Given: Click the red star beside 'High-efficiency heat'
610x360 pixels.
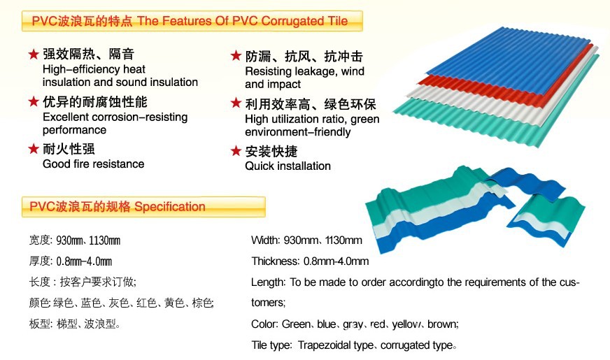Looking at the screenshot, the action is (x=34, y=54).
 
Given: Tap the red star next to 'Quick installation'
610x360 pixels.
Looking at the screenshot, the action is (x=236, y=151).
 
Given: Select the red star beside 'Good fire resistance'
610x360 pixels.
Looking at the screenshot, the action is (x=34, y=148).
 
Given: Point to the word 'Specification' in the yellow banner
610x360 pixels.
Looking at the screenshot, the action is (x=169, y=206).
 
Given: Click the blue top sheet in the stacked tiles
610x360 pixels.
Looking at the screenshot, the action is (x=510, y=58).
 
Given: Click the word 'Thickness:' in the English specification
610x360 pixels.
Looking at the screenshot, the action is (x=276, y=261).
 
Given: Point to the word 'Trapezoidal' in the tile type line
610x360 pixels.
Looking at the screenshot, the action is (x=324, y=345).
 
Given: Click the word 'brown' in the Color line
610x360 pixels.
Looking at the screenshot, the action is (x=443, y=324).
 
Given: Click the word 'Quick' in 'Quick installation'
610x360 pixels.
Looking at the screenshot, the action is (x=260, y=166).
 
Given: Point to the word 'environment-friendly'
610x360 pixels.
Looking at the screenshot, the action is (x=297, y=132).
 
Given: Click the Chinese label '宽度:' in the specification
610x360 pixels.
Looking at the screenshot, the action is (x=41, y=240).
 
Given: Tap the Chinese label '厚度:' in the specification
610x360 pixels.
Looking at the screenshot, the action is (x=41, y=261).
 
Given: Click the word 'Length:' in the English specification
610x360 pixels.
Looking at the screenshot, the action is (x=269, y=282).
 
